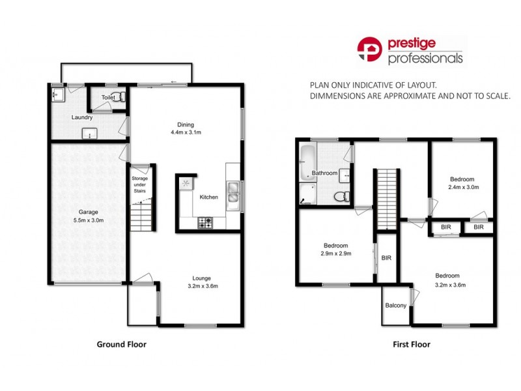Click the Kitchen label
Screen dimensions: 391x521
point(208,197)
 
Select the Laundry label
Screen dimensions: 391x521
point(81,118)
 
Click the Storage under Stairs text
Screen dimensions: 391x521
point(140,185)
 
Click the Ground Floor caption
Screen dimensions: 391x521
point(122,345)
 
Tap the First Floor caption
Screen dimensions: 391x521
point(412,345)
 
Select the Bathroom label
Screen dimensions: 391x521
point(324,173)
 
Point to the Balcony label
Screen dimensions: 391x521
point(396,306)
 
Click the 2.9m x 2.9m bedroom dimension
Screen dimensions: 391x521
point(337,254)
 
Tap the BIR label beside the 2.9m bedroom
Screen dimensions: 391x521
point(386,258)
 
